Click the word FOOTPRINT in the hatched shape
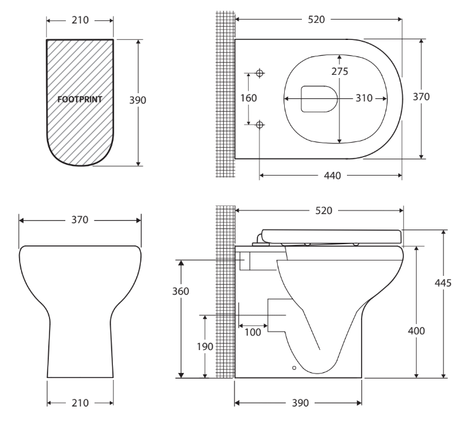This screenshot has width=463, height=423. point(80,100)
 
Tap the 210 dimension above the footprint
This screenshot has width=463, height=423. point(80,20)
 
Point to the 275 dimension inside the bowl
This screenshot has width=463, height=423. point(339,71)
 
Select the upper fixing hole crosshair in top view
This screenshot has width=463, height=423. point(259,74)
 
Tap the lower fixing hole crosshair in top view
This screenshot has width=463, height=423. point(259,125)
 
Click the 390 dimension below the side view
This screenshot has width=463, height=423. point(298,403)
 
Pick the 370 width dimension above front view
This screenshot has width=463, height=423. point(80,220)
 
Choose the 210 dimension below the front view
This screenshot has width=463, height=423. point(80,403)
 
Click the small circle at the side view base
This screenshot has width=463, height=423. point(293,367)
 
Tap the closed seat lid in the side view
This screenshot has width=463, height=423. point(330,235)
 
